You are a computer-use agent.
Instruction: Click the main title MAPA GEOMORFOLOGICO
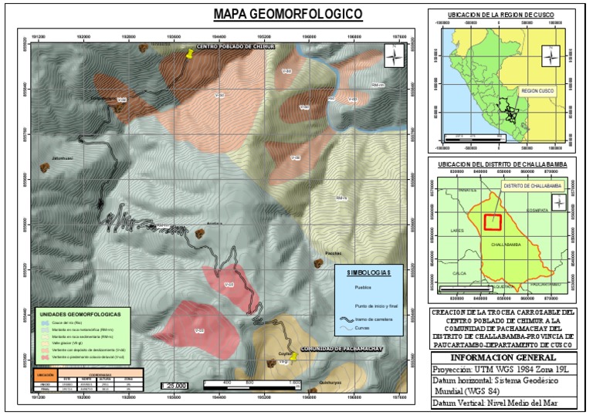click(288, 15)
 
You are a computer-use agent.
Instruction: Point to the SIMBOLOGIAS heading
click(369, 272)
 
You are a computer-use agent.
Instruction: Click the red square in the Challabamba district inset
click(493, 222)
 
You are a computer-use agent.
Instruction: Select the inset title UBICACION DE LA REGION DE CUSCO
click(500, 15)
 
